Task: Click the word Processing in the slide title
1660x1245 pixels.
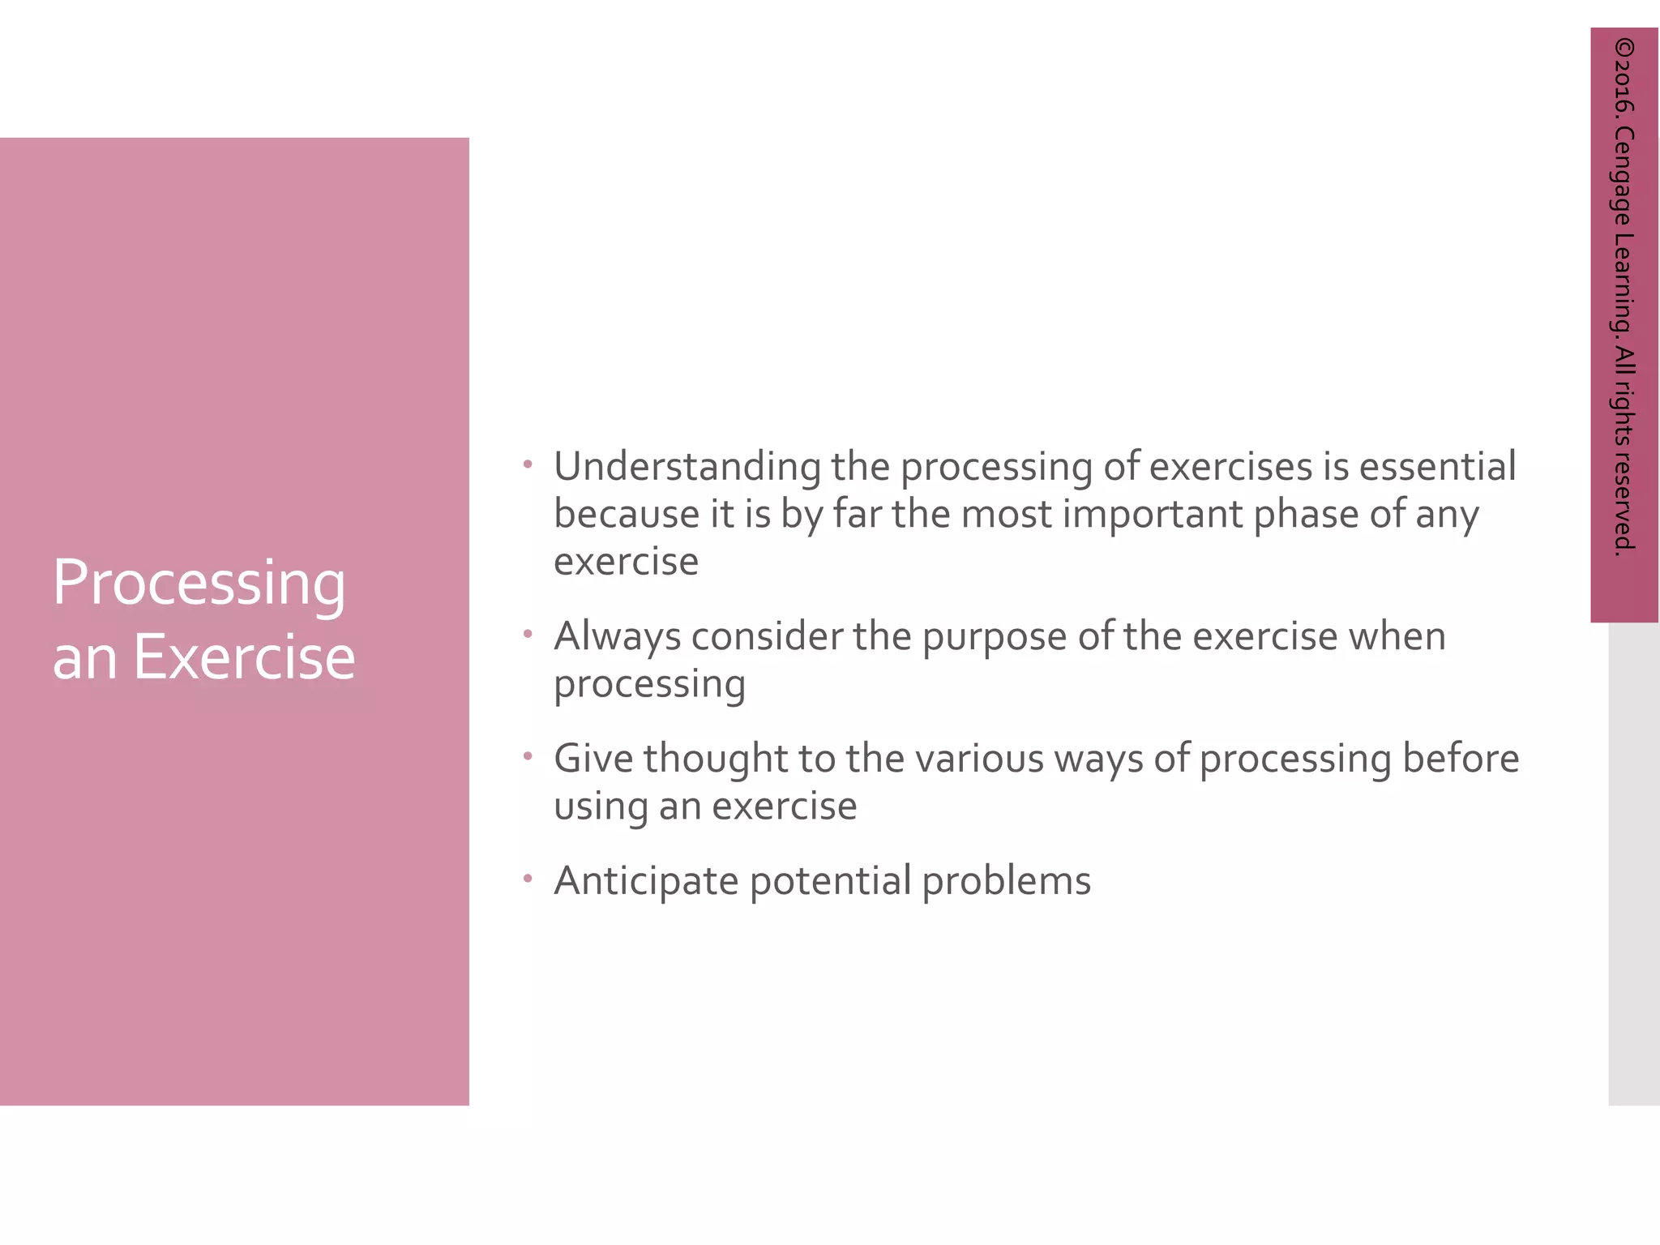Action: pyautogui.click(x=199, y=584)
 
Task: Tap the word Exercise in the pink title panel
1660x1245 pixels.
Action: pyautogui.click(x=243, y=657)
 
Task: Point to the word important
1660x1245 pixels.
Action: pyautogui.click(x=1153, y=515)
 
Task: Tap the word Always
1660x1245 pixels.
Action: pyautogui.click(x=617, y=637)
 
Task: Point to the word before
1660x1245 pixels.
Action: pyautogui.click(x=1461, y=759)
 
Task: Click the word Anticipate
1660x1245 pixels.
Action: pyautogui.click(x=645, y=882)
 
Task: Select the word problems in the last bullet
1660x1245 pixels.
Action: pyautogui.click(x=1006, y=881)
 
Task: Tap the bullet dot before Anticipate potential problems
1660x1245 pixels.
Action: pyautogui.click(x=528, y=878)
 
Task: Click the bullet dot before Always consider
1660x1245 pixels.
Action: pyautogui.click(x=528, y=633)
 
